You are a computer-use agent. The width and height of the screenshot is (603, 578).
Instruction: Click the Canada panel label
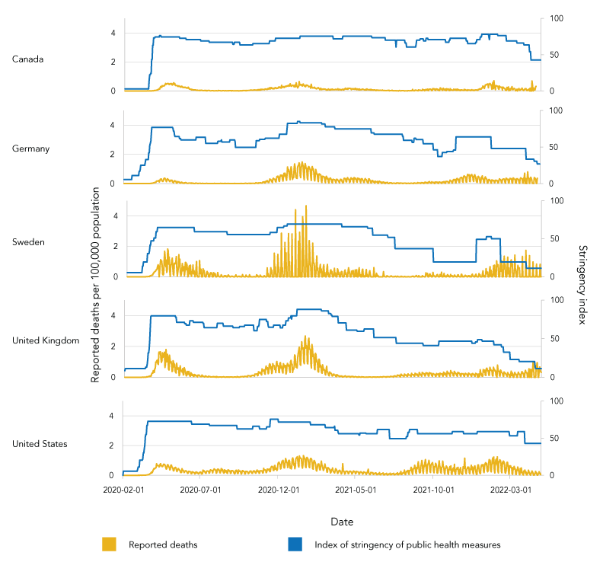click(x=28, y=59)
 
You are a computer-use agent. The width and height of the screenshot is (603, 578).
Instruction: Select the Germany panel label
click(x=31, y=148)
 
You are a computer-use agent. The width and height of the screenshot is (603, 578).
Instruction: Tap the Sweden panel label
click(x=29, y=242)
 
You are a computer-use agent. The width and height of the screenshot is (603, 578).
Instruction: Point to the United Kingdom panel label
click(x=46, y=340)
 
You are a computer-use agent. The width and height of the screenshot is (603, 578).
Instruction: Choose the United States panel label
click(x=40, y=444)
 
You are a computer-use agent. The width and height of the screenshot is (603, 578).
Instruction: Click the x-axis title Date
click(x=341, y=522)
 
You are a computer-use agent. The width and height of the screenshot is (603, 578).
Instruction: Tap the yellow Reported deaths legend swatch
click(x=109, y=544)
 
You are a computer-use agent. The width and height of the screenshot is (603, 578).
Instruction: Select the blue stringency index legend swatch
click(x=295, y=544)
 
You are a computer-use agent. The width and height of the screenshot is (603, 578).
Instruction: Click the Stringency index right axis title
click(x=583, y=284)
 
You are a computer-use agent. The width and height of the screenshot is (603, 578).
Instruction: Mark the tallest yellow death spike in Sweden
click(x=306, y=206)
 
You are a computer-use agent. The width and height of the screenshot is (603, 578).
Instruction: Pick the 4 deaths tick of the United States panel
click(x=113, y=416)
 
